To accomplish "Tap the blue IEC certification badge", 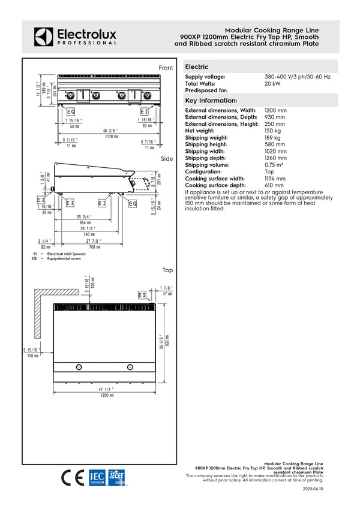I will pos(97,477).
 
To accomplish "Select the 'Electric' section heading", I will pos(197,67).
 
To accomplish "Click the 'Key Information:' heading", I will pos(211,100).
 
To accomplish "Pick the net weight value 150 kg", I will pos(274,130).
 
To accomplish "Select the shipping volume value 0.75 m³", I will pos(275,164).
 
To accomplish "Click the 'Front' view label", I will pos(166,68).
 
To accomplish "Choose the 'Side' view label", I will pos(167,159).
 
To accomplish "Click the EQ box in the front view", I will pos(71,112).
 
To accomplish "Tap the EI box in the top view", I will pos(142,295).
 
